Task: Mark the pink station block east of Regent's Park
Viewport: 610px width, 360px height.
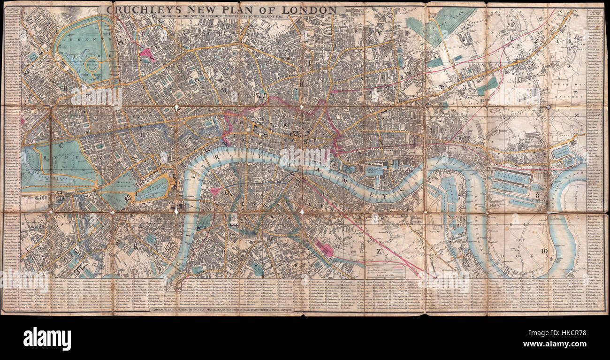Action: [x=146, y=54]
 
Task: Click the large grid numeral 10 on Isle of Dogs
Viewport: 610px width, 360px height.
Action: [x=543, y=251]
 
